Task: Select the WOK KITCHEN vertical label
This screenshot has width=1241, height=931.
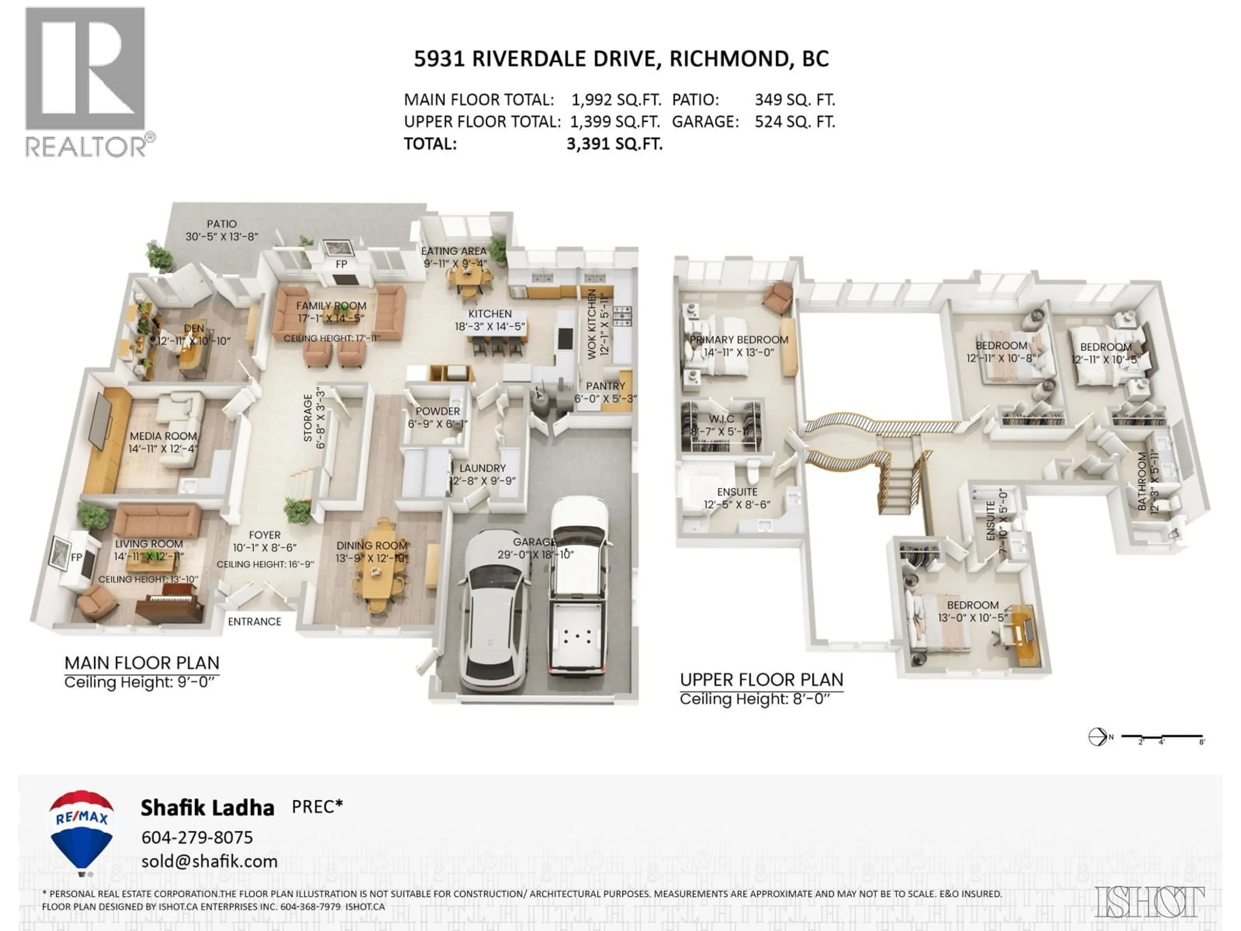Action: [x=592, y=324]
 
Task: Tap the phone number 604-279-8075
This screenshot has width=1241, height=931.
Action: [x=197, y=837]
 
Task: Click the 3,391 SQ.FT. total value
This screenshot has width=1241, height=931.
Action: [x=614, y=144]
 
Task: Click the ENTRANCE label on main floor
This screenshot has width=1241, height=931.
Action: [x=254, y=622]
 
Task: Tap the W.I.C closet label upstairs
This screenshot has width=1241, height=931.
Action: [x=721, y=419]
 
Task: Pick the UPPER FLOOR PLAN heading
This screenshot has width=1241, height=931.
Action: [x=761, y=680]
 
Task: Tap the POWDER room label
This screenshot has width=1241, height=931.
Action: [x=438, y=411]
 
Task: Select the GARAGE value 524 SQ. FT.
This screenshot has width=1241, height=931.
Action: [x=794, y=122]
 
